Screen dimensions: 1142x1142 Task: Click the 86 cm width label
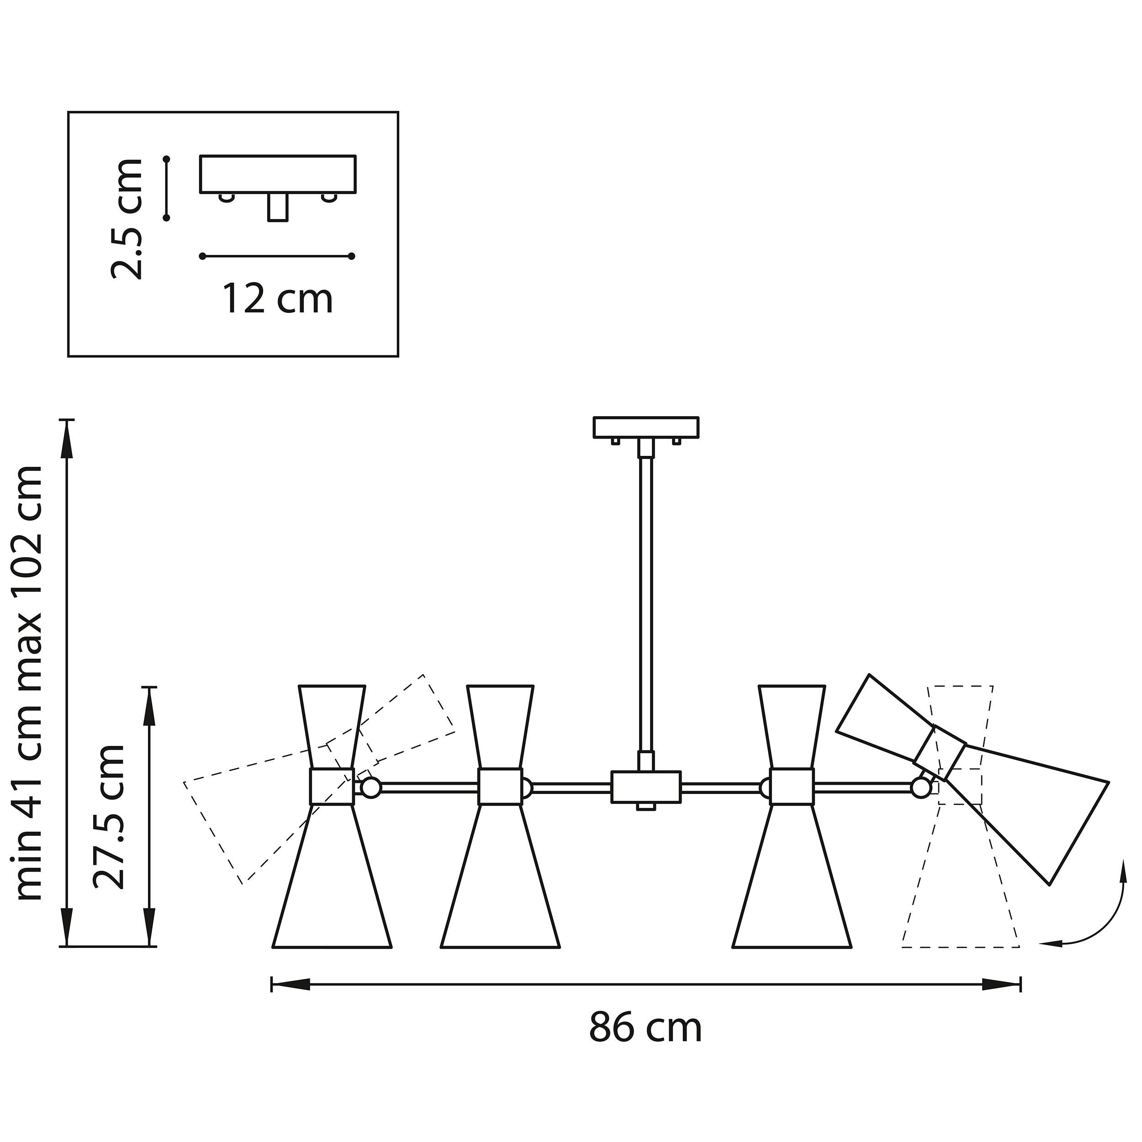645,1028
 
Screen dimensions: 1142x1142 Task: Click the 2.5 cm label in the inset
127,219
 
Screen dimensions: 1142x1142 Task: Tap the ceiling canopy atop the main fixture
646,428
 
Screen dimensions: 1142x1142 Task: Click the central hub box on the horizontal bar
646,787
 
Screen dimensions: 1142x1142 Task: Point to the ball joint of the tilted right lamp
920,788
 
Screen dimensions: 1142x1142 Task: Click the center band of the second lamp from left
500,787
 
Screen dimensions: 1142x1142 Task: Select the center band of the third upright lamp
792,787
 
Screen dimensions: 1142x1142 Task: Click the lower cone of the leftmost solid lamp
332,884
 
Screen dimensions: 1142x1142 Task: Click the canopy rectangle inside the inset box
278,174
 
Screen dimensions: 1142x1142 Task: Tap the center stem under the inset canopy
278,207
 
